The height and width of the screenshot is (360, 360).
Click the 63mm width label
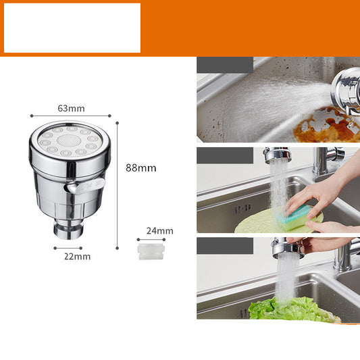(71, 108)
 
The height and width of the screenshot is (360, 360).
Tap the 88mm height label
(140, 168)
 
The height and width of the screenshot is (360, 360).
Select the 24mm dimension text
(159, 231)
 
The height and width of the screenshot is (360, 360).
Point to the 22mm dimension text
(77, 257)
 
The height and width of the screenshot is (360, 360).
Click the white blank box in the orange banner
(72, 28)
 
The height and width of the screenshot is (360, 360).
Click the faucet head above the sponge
(278, 155)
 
